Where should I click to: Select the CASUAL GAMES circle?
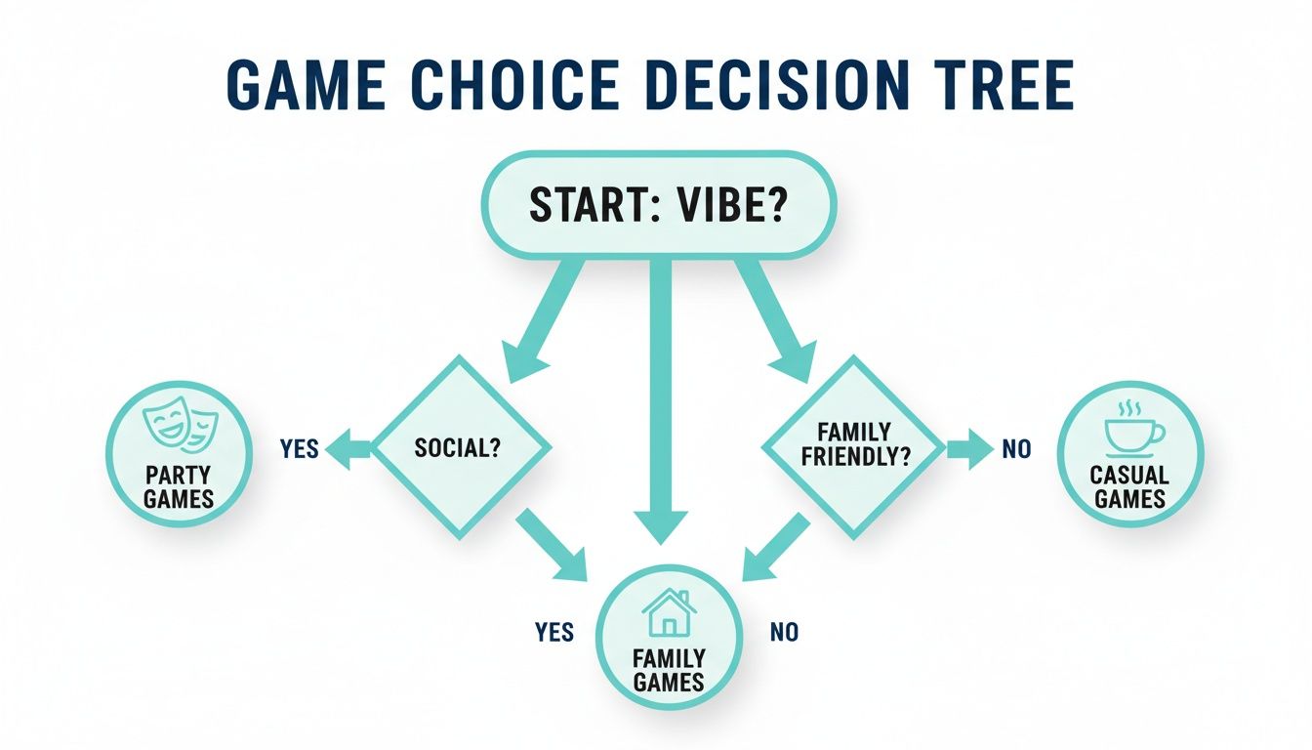[1130, 454]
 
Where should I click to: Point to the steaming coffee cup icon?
[1130, 425]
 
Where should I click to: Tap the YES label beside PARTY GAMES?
[299, 448]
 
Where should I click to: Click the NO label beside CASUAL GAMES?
[1016, 449]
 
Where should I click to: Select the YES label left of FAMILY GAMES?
[554, 633]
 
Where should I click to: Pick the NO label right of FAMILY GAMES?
[783, 633]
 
